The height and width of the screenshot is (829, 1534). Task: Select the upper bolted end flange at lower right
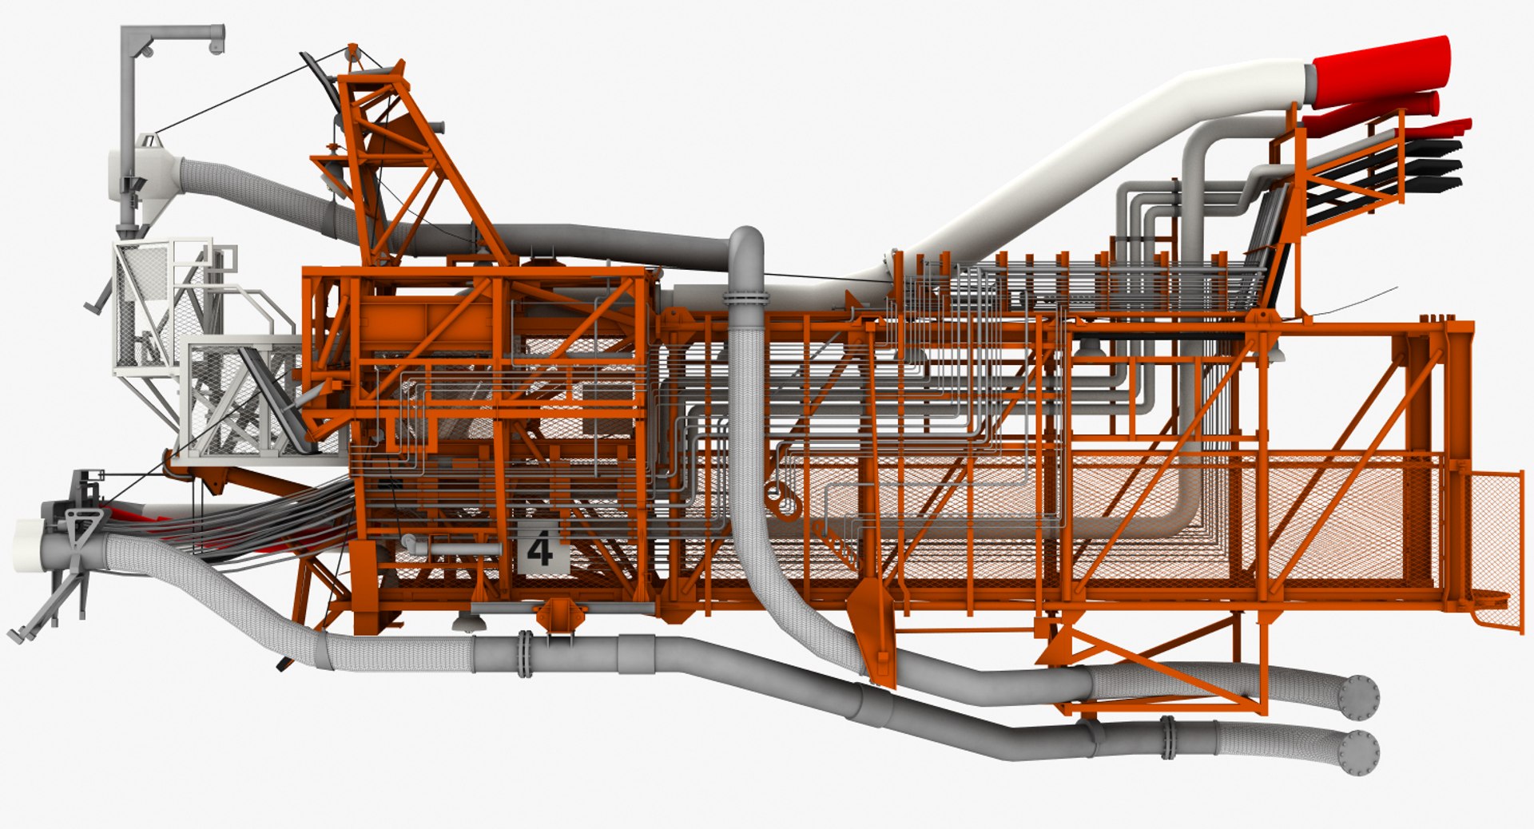1359,692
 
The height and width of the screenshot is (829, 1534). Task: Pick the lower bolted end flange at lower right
1359,751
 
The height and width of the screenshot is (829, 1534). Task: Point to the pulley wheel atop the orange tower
352,54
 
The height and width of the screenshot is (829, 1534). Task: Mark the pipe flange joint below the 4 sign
525,654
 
